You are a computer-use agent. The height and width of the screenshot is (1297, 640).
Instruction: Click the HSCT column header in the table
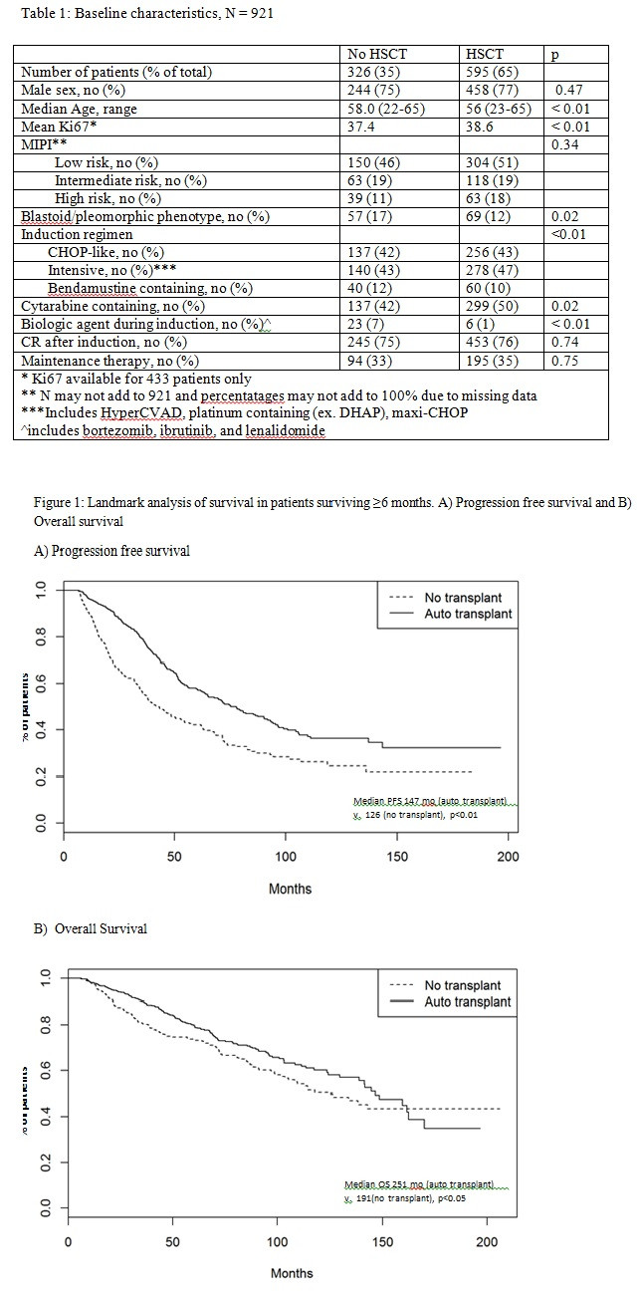[x=484, y=55]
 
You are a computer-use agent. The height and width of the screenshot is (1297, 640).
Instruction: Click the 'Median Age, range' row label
[x=79, y=109]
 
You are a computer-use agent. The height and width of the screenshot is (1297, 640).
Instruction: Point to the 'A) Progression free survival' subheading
[x=111, y=550]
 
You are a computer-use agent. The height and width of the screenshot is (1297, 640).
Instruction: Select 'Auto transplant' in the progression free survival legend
[x=468, y=614]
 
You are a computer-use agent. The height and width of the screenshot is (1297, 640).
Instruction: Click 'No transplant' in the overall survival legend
[x=463, y=985]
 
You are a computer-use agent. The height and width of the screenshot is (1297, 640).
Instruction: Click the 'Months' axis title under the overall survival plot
[x=292, y=1272]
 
